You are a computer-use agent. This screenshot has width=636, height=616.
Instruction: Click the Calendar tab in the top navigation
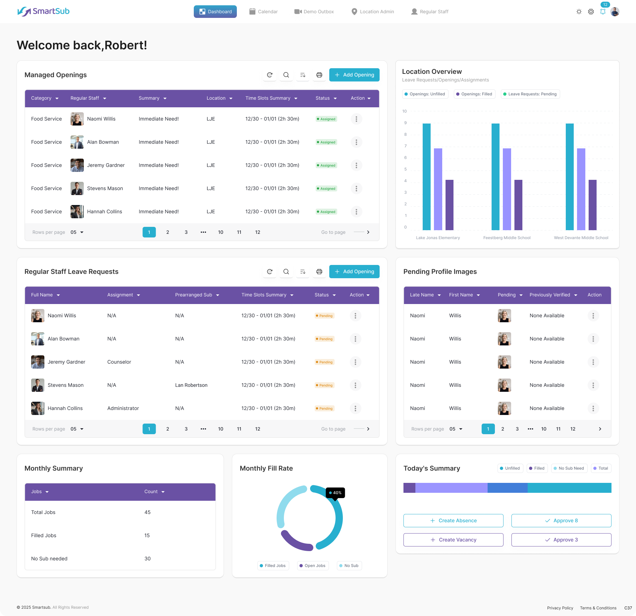264,12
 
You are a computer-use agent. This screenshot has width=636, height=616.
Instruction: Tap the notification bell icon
603,12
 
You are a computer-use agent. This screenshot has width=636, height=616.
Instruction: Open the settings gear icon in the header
591,12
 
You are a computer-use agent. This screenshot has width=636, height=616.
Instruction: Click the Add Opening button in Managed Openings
354,75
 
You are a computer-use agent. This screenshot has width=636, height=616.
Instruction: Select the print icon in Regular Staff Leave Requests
319,272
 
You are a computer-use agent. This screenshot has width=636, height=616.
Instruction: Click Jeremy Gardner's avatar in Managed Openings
77,165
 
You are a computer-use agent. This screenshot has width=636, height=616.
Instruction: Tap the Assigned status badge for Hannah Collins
326,212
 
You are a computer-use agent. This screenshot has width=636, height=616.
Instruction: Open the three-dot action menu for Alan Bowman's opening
356,142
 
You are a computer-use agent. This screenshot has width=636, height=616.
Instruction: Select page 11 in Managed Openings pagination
239,232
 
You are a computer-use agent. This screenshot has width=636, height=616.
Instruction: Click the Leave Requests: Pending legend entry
530,94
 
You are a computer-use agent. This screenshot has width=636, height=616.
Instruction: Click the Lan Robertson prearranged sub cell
191,385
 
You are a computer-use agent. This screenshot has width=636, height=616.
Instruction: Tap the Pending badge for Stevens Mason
325,385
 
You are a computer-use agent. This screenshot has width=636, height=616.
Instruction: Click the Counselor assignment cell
119,362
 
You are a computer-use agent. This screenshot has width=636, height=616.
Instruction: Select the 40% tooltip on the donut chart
335,493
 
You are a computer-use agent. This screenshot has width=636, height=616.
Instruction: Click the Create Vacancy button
453,540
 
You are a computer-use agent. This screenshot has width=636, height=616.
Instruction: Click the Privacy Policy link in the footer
560,608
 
